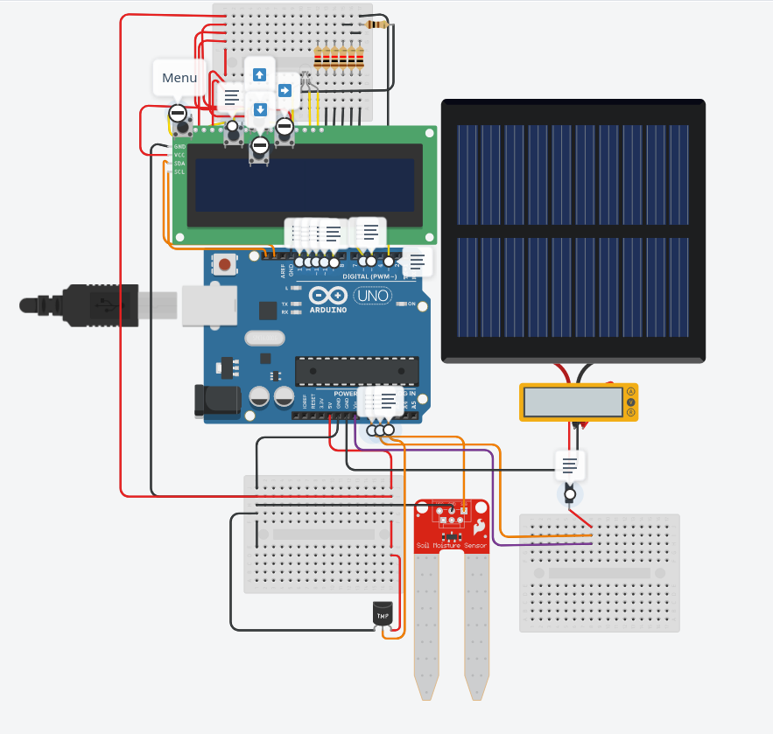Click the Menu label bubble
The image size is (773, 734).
coord(179,78)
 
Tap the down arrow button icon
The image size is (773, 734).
coord(259,109)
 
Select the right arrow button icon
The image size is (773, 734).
coord(285,90)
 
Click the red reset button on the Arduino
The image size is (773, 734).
coord(225,264)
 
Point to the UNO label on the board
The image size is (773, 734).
coord(377,295)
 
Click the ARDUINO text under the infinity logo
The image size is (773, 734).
coord(327,310)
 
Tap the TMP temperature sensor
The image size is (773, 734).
coord(383,614)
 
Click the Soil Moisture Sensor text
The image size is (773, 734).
coord(451,545)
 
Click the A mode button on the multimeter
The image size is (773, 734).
coord(630,391)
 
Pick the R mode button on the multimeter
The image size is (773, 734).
coord(630,412)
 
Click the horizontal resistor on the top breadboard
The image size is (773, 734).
coord(376,24)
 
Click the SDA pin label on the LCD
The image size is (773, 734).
coord(179,164)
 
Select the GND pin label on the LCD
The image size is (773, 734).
coord(179,146)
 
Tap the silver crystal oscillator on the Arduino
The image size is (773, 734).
coord(264,338)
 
